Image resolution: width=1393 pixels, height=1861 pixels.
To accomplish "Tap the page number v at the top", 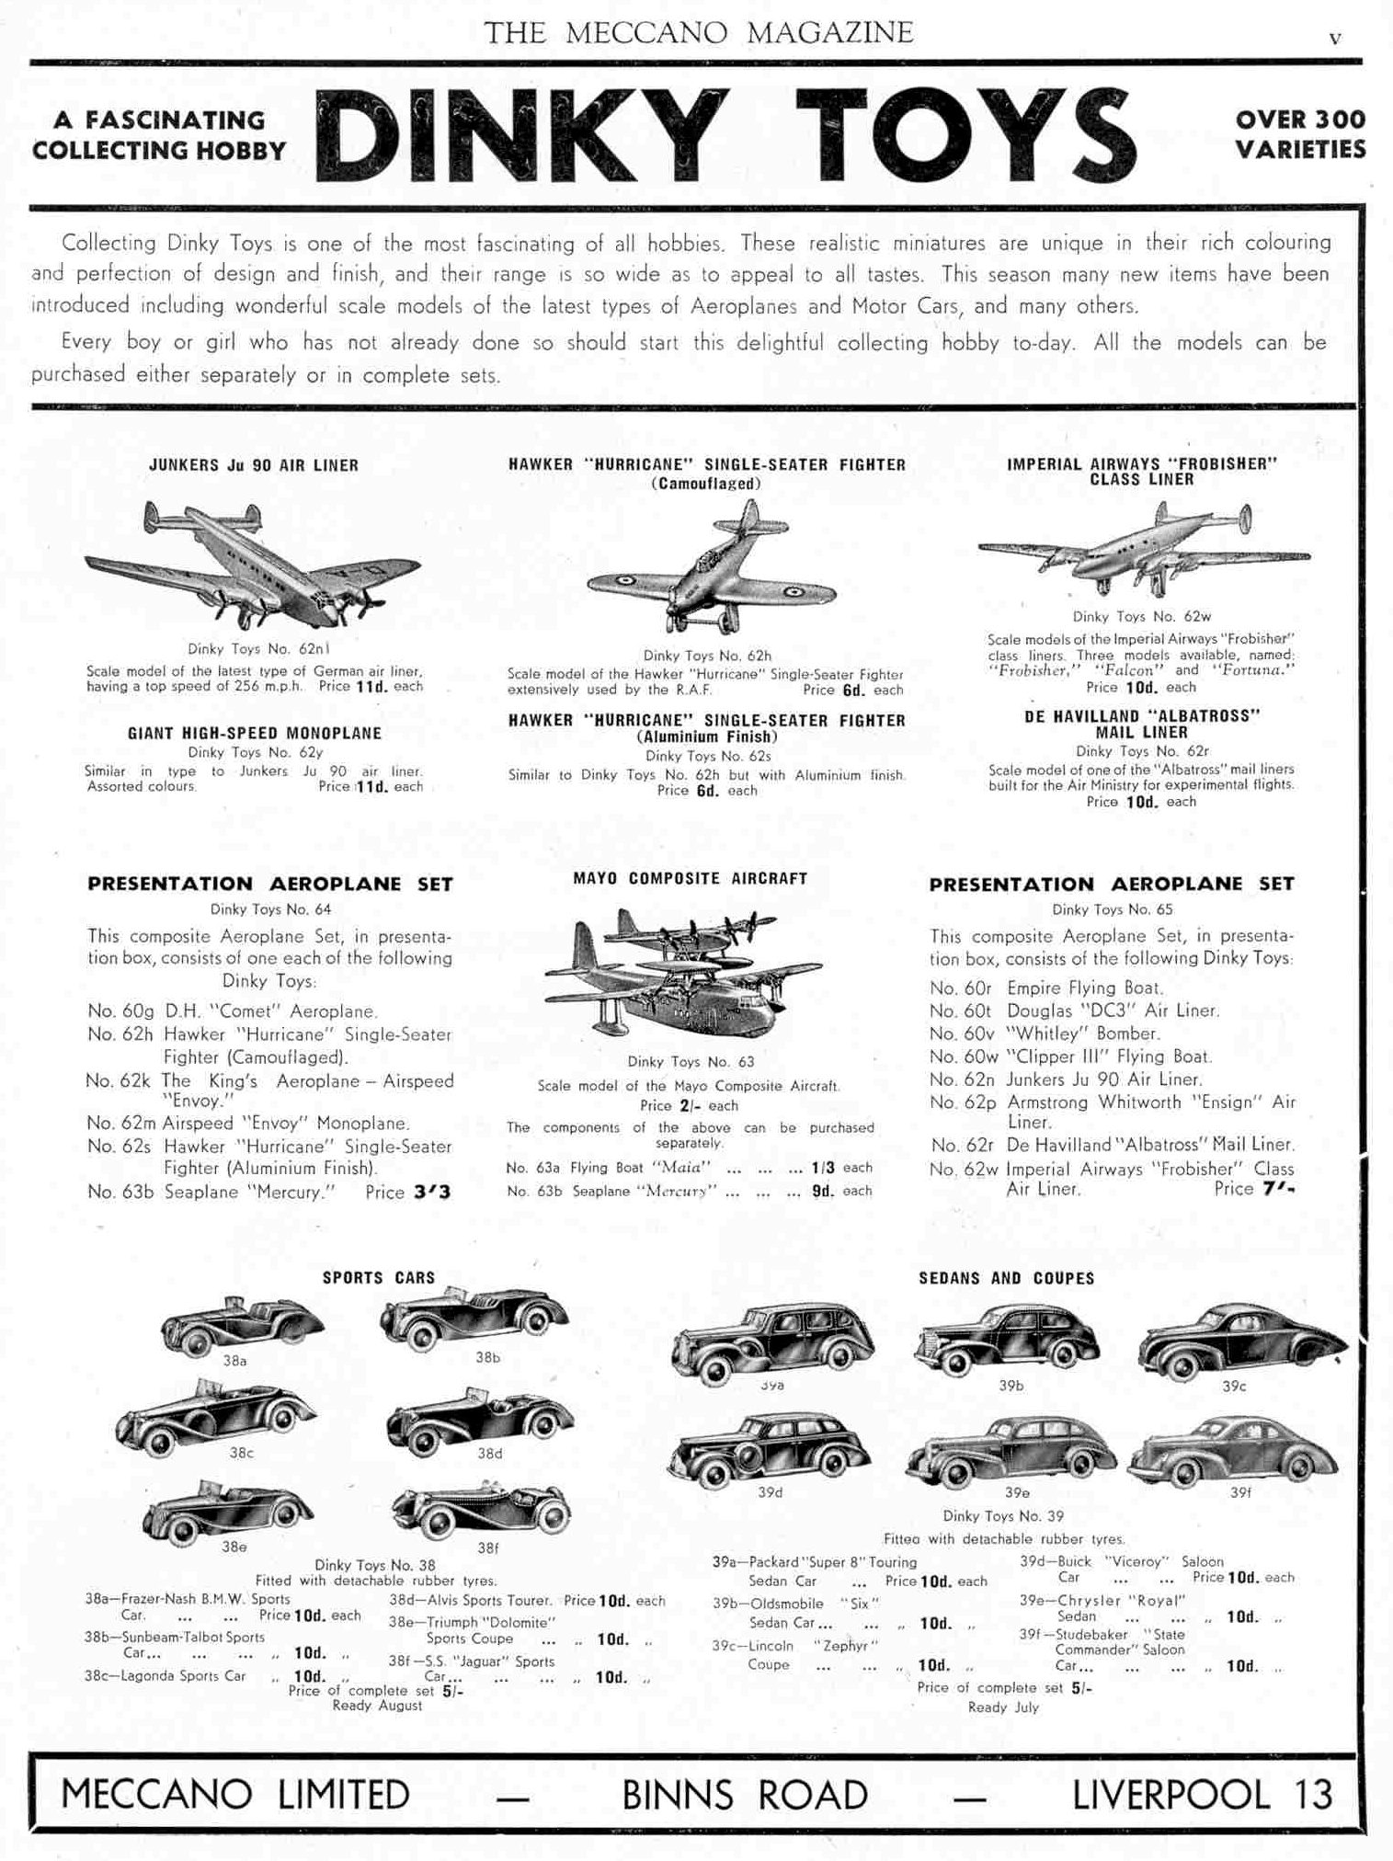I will tap(1335, 39).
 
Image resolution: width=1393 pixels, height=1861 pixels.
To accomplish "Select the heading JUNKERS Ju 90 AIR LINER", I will tap(254, 465).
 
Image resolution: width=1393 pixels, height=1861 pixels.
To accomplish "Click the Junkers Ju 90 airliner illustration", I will tap(253, 563).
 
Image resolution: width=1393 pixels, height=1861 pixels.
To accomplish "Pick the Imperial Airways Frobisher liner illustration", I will tap(1145, 550).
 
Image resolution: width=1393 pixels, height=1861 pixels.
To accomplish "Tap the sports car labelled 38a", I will tap(241, 1325).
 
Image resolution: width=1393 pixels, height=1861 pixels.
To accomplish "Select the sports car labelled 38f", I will tap(482, 1509).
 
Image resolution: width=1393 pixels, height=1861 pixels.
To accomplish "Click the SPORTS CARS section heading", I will tap(378, 1277).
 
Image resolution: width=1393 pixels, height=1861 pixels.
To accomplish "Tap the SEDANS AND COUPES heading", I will tap(1006, 1278).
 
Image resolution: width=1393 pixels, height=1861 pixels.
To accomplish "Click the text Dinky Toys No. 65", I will tap(1112, 909).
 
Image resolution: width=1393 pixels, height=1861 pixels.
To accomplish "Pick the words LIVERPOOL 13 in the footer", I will tap(1202, 1794).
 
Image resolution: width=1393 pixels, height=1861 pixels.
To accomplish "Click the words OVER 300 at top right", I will tap(1300, 120).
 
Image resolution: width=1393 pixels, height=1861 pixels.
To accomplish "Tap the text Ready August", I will tap(377, 1706).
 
